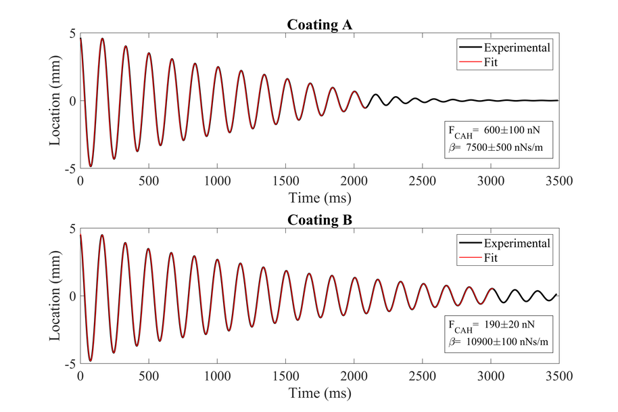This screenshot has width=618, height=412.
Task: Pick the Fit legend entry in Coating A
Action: coord(492,62)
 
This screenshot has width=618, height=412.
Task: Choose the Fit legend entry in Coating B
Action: coord(492,258)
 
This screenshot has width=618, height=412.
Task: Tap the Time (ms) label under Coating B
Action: coord(319,392)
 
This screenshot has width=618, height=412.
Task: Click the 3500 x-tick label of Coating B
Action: coord(558,376)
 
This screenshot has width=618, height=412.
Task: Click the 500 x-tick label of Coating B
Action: coord(148,376)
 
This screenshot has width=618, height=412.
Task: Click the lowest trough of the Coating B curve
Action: coord(90,361)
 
